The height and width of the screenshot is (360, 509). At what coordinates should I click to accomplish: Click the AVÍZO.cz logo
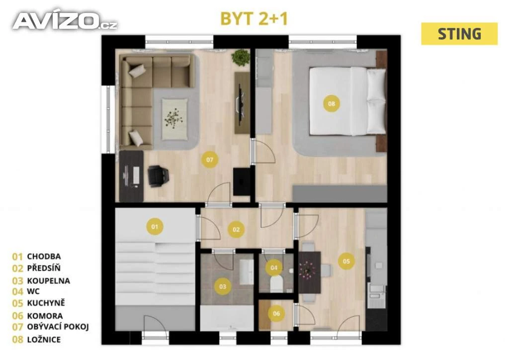pyautogui.click(x=65, y=21)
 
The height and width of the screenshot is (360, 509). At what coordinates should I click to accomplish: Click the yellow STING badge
pyautogui.click(x=459, y=34)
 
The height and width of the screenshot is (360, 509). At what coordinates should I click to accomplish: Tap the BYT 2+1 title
pyautogui.click(x=254, y=18)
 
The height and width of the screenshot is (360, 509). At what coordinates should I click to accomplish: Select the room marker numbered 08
pyautogui.click(x=331, y=103)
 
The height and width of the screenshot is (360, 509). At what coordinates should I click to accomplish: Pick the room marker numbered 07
pyautogui.click(x=210, y=160)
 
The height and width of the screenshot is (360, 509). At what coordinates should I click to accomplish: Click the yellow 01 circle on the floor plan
pyautogui.click(x=155, y=226)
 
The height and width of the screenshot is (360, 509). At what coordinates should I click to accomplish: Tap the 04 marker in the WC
pyautogui.click(x=274, y=268)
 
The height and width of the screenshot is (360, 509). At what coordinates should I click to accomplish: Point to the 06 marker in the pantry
pyautogui.click(x=276, y=313)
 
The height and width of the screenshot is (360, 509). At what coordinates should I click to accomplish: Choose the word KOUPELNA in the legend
pyautogui.click(x=48, y=280)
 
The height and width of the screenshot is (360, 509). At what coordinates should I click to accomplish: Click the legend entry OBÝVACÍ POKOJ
pyautogui.click(x=58, y=327)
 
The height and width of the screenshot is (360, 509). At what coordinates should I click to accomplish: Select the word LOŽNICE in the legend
pyautogui.click(x=44, y=340)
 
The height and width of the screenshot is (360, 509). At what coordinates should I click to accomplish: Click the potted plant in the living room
pyautogui.click(x=241, y=57)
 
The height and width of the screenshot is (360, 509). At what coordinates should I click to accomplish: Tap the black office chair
pyautogui.click(x=158, y=176)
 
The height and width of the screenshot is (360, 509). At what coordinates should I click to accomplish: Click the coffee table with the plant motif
pyautogui.click(x=174, y=119)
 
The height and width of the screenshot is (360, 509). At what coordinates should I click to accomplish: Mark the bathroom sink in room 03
pyautogui.click(x=246, y=271)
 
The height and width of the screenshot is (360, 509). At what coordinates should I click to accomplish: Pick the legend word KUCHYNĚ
pyautogui.click(x=46, y=302)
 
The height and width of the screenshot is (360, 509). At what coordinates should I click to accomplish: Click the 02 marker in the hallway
pyautogui.click(x=236, y=229)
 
